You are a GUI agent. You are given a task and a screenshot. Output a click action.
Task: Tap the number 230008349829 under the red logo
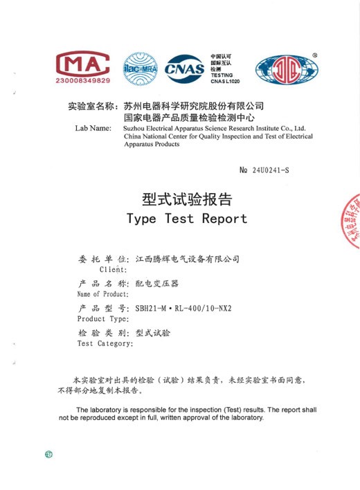coord(82,81)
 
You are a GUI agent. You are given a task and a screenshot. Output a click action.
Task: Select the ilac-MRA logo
coord(140,67)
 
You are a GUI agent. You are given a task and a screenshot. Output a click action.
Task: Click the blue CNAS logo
coord(185,68)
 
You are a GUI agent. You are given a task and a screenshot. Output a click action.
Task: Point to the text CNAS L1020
coord(225,82)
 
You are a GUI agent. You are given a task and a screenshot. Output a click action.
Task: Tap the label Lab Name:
coord(93,128)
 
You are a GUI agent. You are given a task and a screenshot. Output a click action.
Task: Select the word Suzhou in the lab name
coord(136,128)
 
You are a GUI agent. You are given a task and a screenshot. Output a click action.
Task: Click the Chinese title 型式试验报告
coord(187,199)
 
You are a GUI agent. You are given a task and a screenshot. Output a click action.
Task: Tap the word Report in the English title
coord(224,219)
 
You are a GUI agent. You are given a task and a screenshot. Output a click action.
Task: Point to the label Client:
coord(113,269)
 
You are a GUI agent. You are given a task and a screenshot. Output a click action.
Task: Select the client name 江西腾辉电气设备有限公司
coord(187,259)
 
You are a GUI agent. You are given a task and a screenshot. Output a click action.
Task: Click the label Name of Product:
coord(103,294)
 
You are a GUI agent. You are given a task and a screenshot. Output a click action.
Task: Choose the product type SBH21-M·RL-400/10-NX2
coord(183,307)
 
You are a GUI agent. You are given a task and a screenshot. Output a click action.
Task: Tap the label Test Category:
coord(105,343)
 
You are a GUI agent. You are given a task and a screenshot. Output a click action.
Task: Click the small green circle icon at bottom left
coord(48,455)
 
